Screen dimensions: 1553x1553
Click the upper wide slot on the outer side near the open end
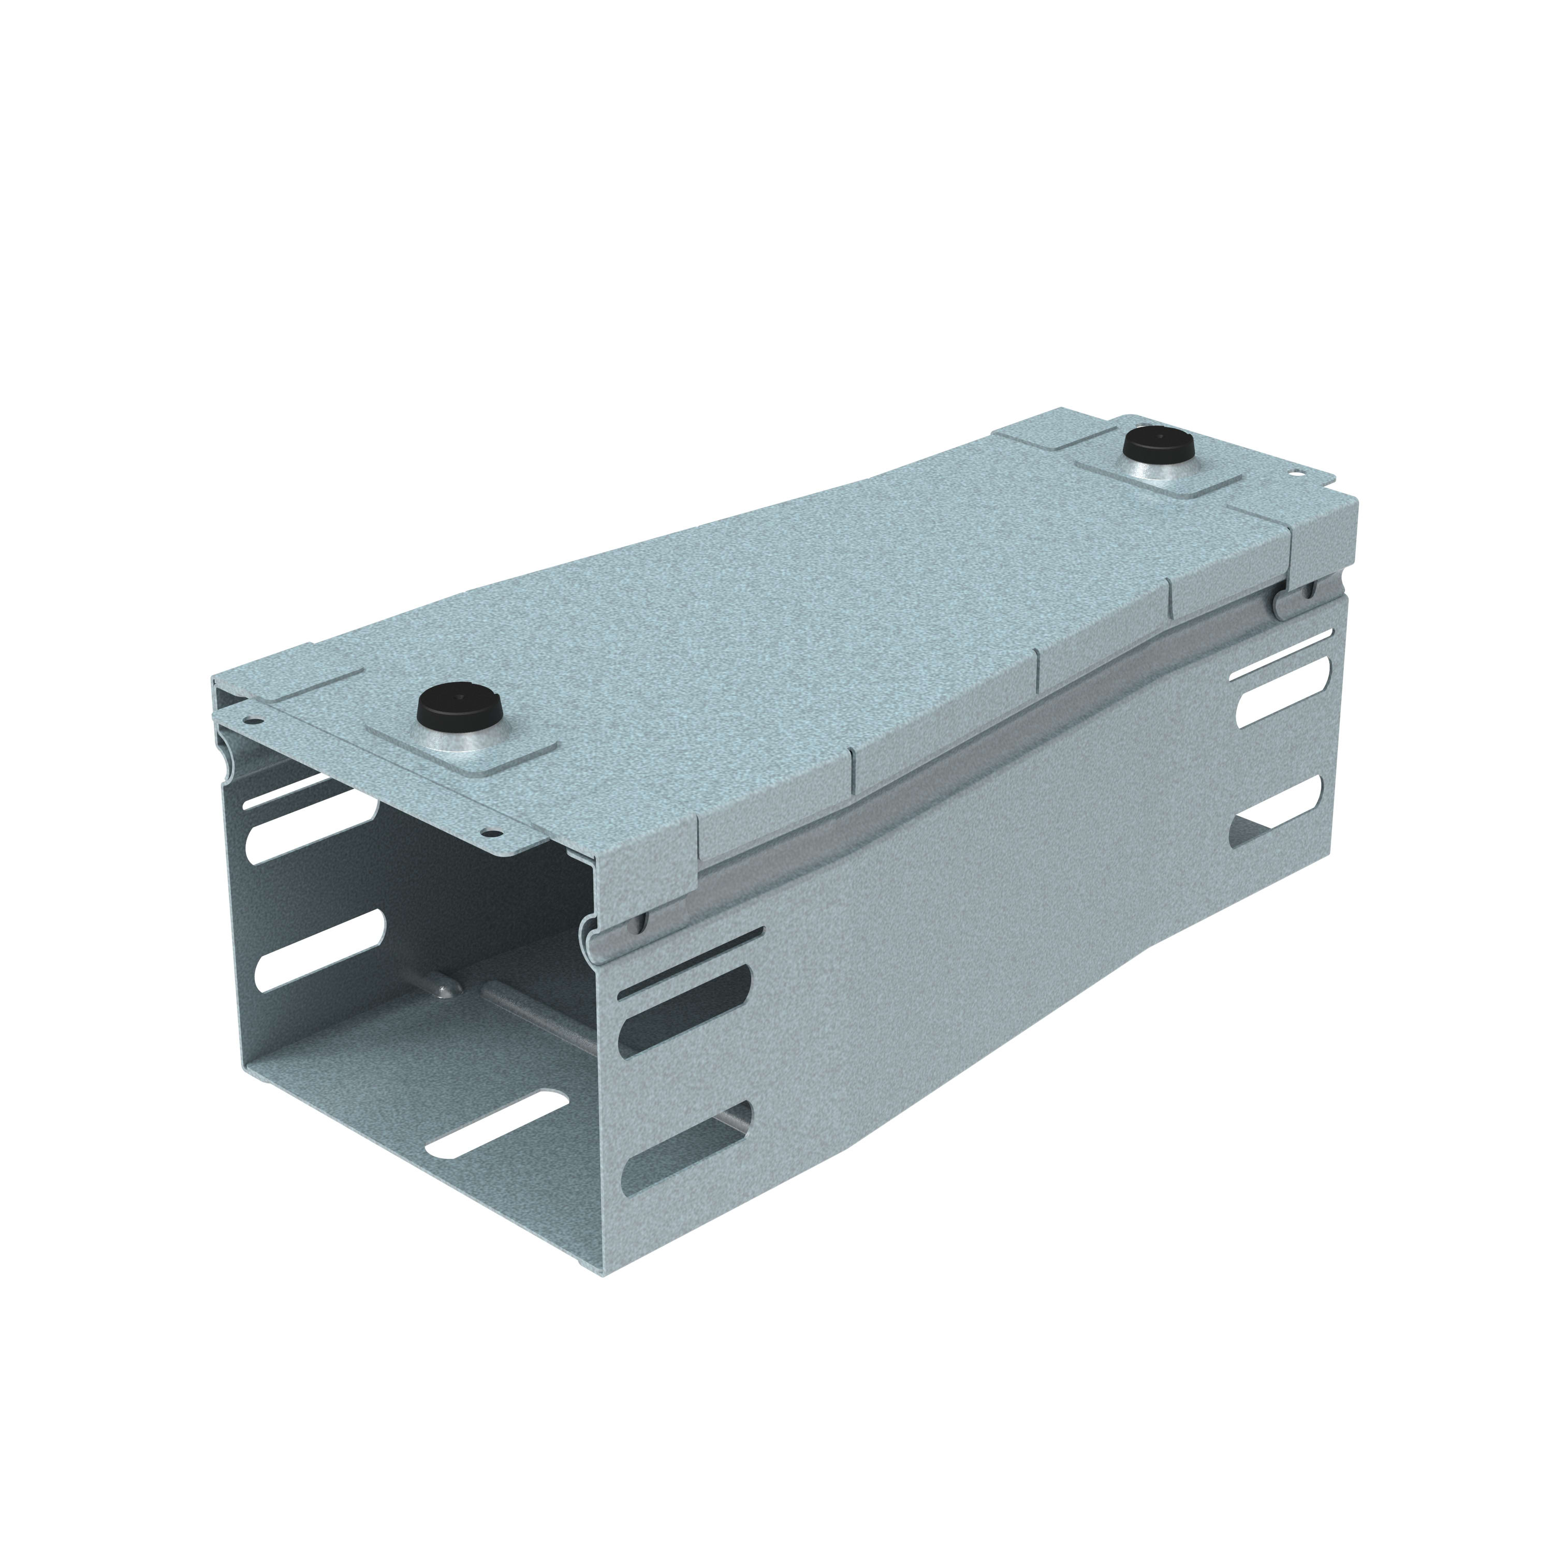(683, 1007)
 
